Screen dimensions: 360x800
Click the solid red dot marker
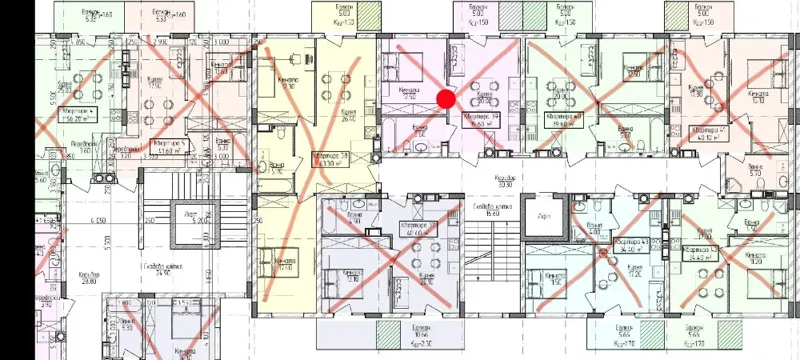[x=446, y=98]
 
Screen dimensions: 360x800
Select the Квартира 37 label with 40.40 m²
[x=418, y=230]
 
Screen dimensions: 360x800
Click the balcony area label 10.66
[x=412, y=337]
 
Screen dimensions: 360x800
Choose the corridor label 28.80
[x=88, y=277]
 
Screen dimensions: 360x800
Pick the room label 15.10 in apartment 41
[x=756, y=98]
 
